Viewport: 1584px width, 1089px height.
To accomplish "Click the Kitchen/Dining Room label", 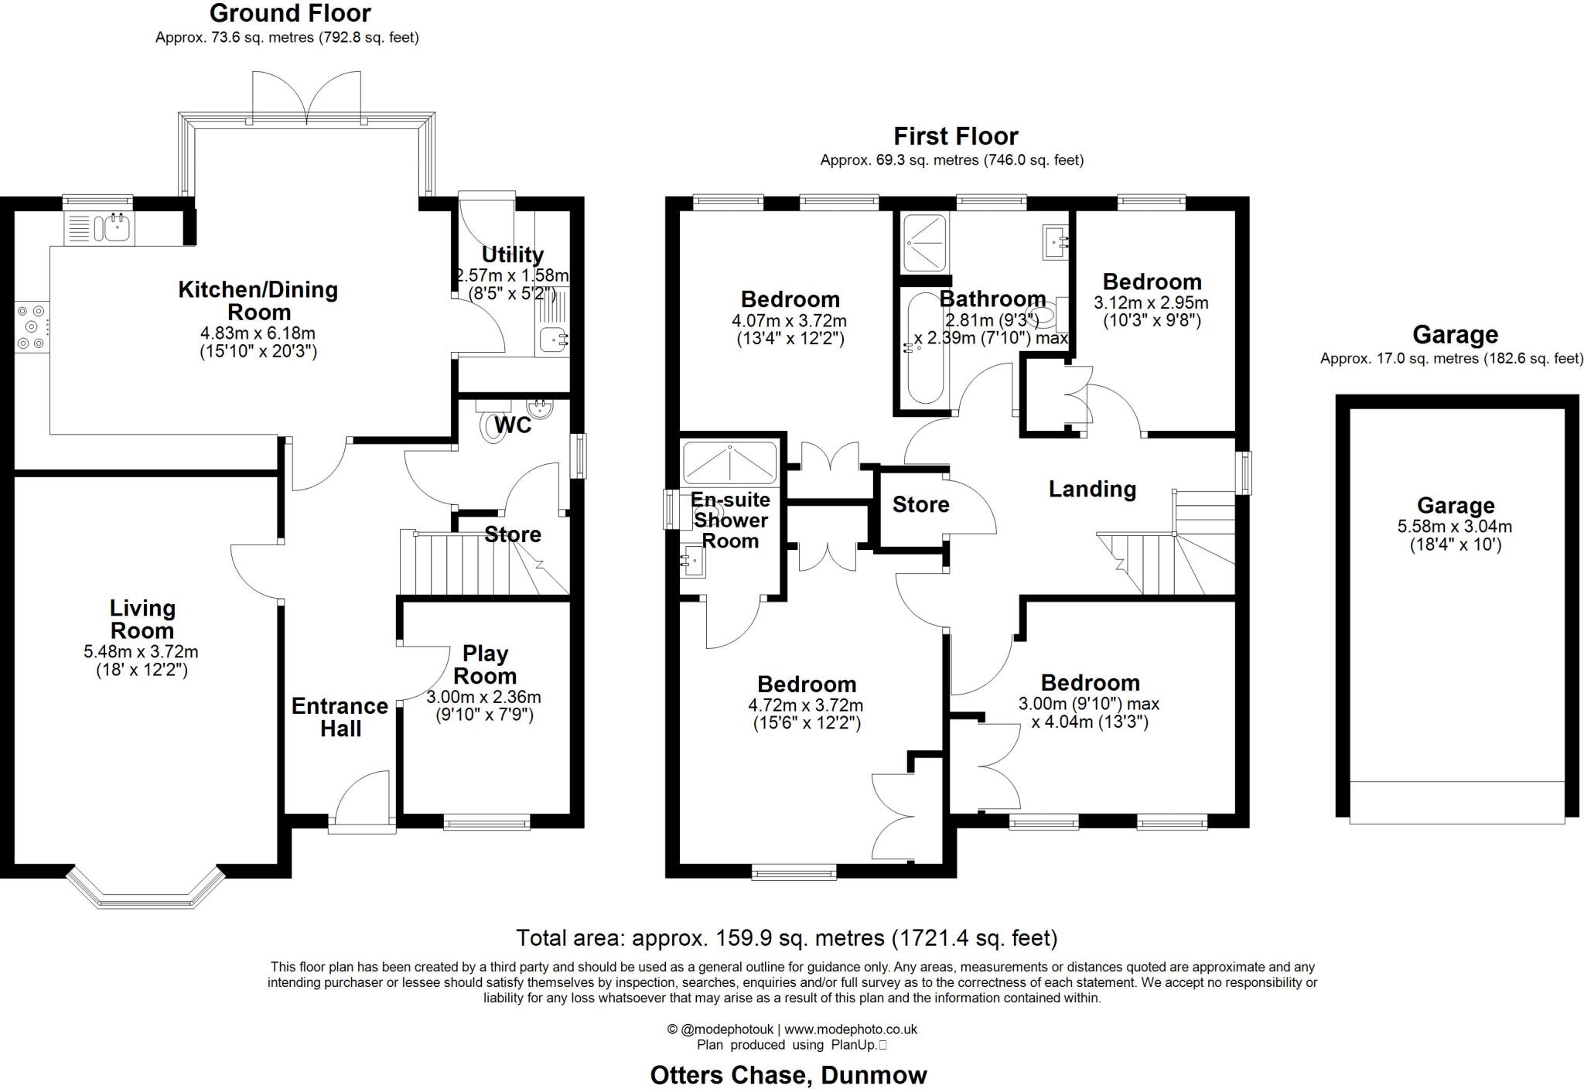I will pyautogui.click(x=258, y=301).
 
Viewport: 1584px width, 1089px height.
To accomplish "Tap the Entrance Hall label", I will pyautogui.click(x=340, y=717).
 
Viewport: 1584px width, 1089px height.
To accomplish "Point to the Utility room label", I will pyautogui.click(x=512, y=254).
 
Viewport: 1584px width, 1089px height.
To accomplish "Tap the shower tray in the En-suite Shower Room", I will pyautogui.click(x=729, y=463).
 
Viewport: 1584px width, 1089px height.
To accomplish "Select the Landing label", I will pyautogui.click(x=1092, y=489).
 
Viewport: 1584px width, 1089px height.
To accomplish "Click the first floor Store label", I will pyautogui.click(x=920, y=505).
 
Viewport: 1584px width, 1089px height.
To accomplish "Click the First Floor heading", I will pyautogui.click(x=956, y=136).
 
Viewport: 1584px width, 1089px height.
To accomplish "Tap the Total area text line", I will pyautogui.click(x=787, y=938).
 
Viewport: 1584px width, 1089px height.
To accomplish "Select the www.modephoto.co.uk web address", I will pyautogui.click(x=851, y=1029).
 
